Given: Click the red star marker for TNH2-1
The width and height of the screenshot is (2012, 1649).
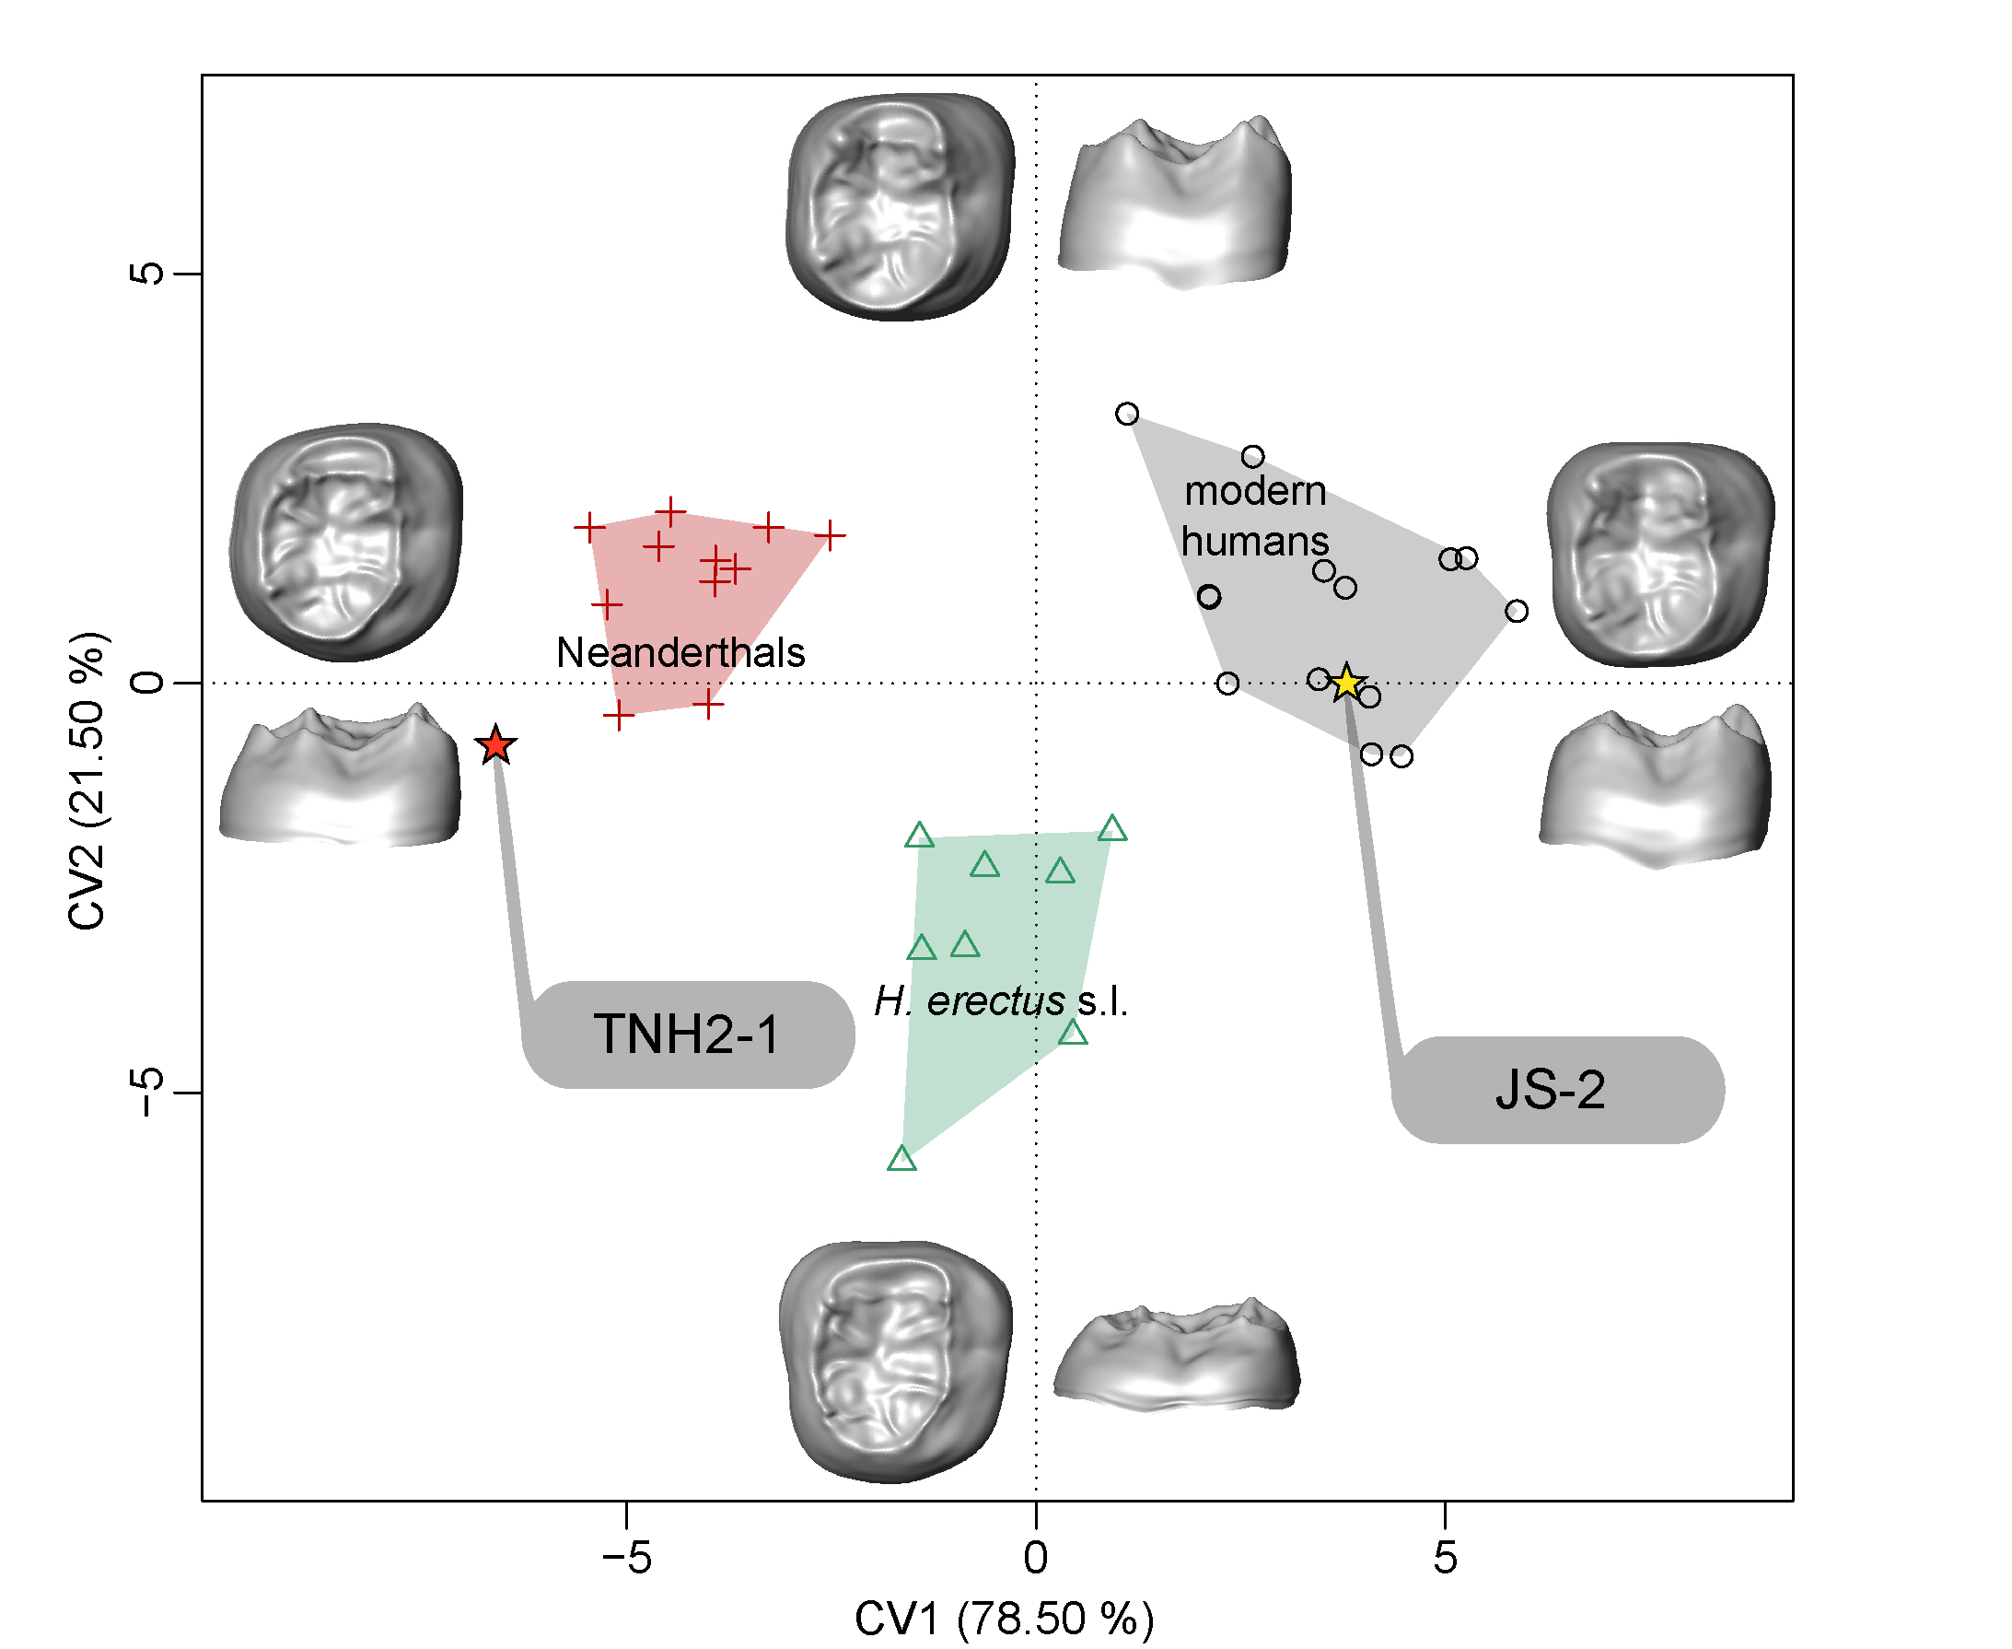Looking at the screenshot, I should [x=495, y=745].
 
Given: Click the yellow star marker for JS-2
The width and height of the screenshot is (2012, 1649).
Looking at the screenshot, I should [x=1346, y=682].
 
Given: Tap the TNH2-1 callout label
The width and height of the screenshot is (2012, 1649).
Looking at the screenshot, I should [x=688, y=1034].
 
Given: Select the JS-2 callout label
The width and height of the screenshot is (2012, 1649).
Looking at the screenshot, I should [x=1557, y=1090].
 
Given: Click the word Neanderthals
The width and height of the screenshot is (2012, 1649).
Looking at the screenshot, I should [x=680, y=652].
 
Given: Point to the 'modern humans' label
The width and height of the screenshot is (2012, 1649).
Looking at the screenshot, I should [x=1254, y=516].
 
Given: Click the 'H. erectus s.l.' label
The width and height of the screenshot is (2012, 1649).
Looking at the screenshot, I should [x=1001, y=1001].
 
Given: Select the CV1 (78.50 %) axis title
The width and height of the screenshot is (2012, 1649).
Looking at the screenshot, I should [x=1004, y=1619].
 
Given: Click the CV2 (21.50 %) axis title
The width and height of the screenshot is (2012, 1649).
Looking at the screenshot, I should [x=87, y=779].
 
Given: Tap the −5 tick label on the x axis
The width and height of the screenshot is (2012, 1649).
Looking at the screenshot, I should [x=627, y=1558].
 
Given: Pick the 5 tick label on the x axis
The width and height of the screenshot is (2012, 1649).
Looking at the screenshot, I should [x=1444, y=1558].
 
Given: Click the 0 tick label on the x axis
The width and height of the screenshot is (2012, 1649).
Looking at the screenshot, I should [x=1035, y=1558].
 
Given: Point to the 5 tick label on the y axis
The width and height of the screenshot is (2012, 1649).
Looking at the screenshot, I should [x=148, y=274].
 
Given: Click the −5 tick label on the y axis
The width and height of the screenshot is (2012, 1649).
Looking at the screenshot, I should [x=148, y=1093].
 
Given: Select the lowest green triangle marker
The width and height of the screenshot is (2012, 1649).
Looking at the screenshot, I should [x=901, y=1159].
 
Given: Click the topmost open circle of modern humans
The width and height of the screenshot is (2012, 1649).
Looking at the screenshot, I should [x=1126, y=414].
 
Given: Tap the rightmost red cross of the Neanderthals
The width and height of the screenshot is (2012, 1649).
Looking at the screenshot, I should [x=830, y=535].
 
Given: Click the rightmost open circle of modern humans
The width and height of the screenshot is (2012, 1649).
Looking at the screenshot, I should [x=1517, y=611].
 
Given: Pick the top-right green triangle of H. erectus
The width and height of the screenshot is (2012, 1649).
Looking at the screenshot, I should [x=1111, y=829].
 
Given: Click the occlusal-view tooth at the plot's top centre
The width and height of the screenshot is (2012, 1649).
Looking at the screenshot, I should [x=899, y=206].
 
